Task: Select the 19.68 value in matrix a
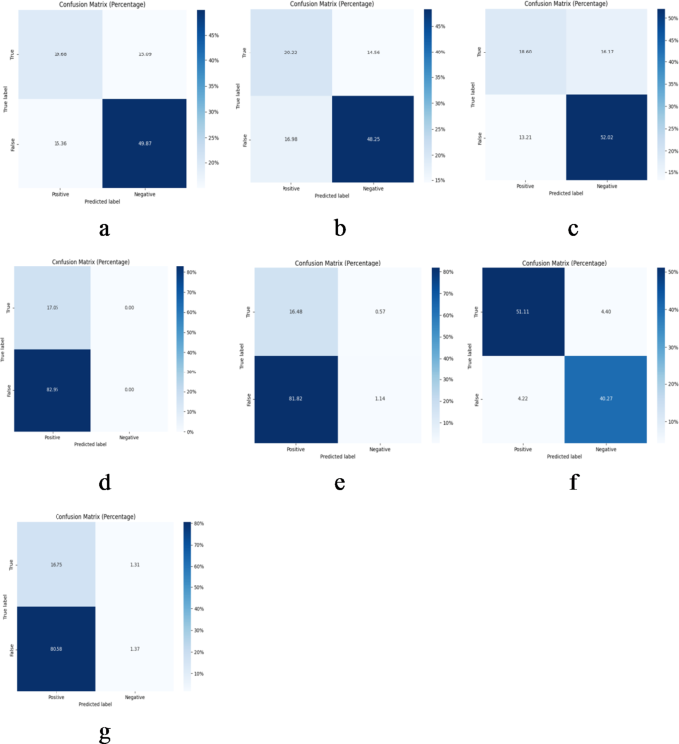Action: tap(60, 55)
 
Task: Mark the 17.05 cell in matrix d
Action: tap(53, 307)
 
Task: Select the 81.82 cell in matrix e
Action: tap(293, 396)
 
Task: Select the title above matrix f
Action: tap(564, 262)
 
